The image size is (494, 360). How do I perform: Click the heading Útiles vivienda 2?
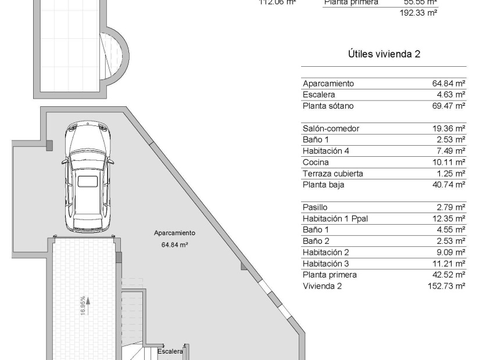click(384, 54)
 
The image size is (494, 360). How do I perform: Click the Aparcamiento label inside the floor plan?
click(174, 233)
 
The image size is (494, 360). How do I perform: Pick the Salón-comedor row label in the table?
click(331, 128)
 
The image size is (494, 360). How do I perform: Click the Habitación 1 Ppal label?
click(335, 218)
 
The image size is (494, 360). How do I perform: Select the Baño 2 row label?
click(316, 241)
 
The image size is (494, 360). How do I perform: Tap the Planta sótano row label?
click(328, 106)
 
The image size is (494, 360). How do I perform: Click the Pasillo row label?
click(315, 207)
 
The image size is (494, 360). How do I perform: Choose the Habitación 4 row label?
click(327, 151)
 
